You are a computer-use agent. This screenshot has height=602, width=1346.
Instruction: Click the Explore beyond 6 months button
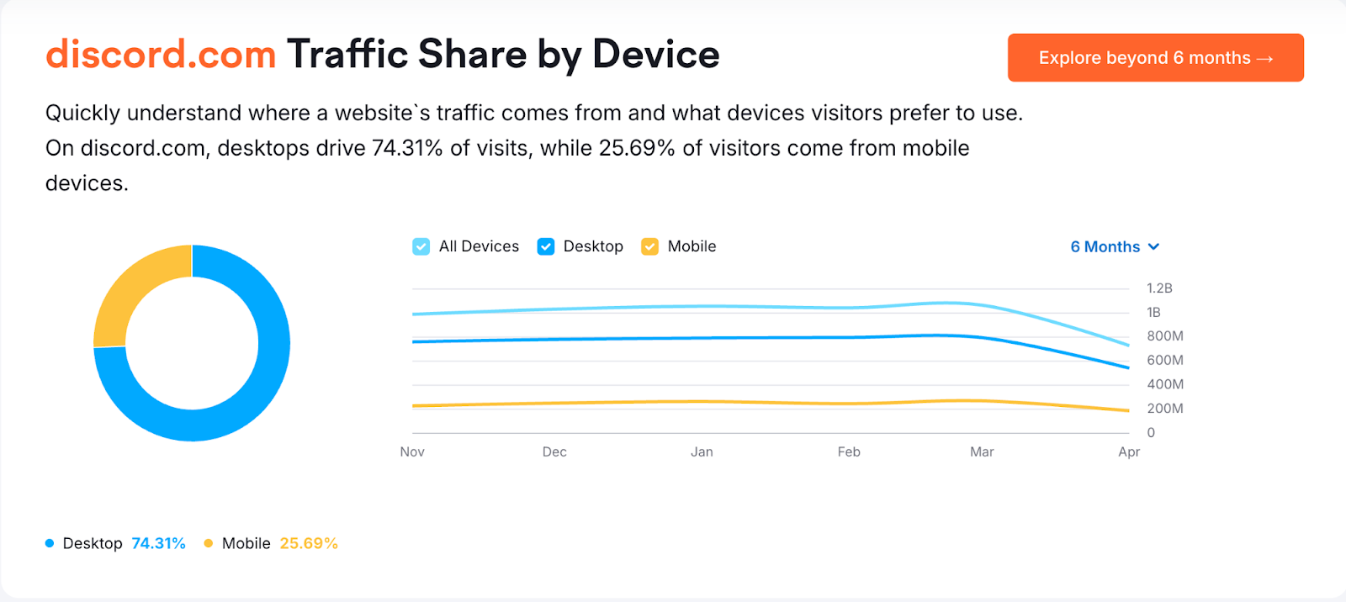pos(1155,58)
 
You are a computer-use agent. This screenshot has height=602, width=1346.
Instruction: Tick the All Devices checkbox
pos(421,246)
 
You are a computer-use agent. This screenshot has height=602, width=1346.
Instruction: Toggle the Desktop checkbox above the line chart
pos(546,246)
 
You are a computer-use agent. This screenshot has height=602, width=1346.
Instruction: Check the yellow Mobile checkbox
pos(649,246)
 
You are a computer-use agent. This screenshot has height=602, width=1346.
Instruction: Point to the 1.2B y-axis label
pos(1159,288)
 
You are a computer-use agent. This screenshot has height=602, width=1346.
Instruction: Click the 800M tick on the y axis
pos(1165,336)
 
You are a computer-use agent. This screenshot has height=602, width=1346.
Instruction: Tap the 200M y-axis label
pos(1165,409)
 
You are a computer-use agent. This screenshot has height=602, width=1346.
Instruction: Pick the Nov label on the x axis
pos(412,451)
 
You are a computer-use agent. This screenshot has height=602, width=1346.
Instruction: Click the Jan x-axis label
pos(702,451)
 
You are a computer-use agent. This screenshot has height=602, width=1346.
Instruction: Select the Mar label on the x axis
pos(982,451)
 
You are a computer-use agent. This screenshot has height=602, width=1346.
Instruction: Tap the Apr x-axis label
pos(1129,451)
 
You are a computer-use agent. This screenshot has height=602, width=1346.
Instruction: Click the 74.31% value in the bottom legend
pos(158,543)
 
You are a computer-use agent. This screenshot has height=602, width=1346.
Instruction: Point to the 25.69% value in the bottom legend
pos(309,543)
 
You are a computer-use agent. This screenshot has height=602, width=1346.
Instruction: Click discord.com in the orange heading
pos(161,55)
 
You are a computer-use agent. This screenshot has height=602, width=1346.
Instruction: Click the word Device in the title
pos(656,55)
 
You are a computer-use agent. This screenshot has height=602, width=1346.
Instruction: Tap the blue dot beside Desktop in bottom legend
pos(50,543)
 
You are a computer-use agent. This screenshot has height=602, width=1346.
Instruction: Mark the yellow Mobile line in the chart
pos(702,402)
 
